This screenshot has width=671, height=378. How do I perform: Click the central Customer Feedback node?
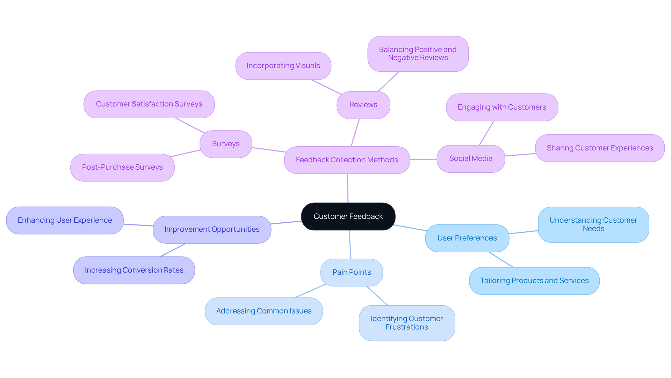tap(348, 216)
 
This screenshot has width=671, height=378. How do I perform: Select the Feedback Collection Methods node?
tap(347, 160)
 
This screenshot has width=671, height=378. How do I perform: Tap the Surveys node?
tap(226, 144)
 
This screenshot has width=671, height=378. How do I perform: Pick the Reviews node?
tap(363, 105)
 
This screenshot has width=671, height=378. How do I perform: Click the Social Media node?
tap(471, 158)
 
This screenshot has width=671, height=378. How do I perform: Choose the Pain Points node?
tap(352, 272)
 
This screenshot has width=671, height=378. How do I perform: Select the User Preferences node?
tap(467, 238)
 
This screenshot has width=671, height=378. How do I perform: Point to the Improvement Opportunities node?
tap(212, 229)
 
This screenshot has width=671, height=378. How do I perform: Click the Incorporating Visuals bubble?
tap(283, 66)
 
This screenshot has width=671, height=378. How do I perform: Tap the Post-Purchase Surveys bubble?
tap(122, 167)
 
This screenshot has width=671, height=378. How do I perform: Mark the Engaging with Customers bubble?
tap(502, 107)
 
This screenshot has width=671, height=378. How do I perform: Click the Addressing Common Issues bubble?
tap(264, 311)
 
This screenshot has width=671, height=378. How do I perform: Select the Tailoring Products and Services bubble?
tap(534, 281)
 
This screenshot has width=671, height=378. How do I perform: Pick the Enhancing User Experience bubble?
tap(65, 220)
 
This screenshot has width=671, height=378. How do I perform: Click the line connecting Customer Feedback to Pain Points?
tap(350, 244)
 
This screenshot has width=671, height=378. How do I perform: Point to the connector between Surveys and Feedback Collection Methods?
tap(268, 150)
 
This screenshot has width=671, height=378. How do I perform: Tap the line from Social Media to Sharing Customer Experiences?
tap(520, 155)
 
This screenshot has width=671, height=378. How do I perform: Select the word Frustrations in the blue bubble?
tap(407, 327)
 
